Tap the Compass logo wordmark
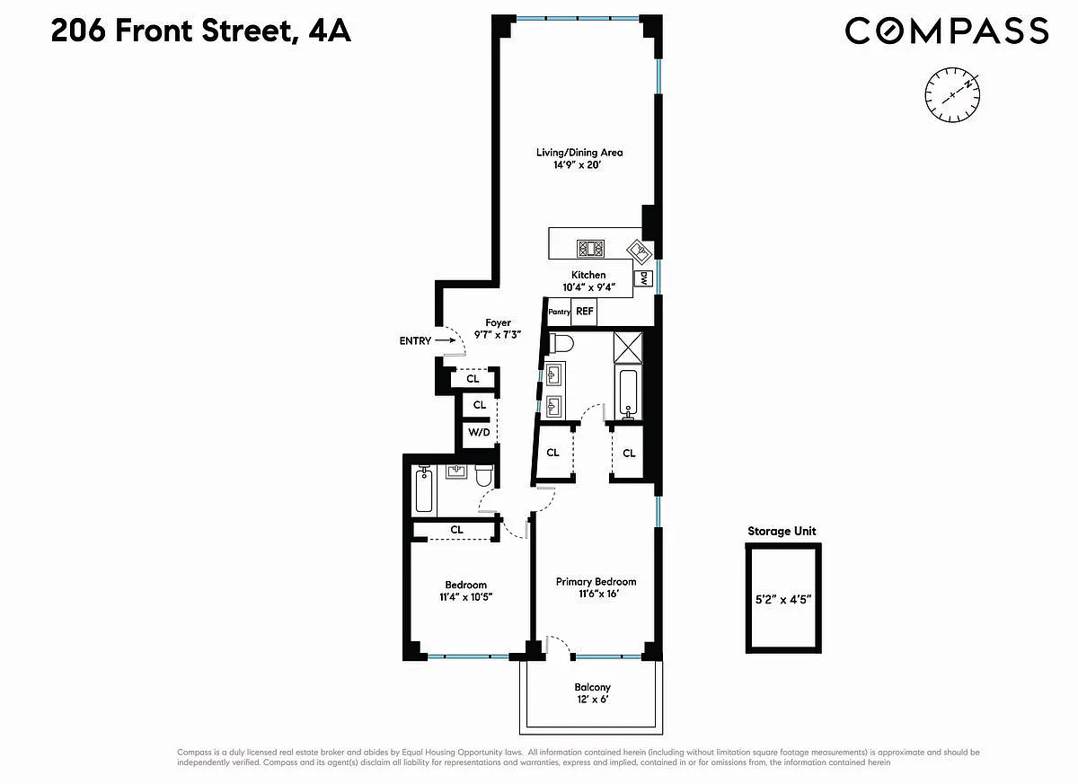pos(947,31)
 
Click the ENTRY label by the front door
pos(415,340)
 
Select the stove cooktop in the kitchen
pos(590,249)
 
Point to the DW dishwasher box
pos(643,278)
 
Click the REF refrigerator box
pos(584,312)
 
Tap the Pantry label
pos(559,312)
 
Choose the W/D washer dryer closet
pos(479,432)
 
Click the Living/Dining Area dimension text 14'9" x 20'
pos(577,165)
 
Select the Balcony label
pos(592,687)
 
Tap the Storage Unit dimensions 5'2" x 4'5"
pos(783,599)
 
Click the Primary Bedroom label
pos(596,582)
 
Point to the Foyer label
pos(498,322)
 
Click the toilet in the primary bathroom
pos(561,344)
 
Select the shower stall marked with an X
pos(628,347)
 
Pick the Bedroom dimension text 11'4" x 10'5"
pos(466,597)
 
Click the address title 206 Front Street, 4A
pos(200,31)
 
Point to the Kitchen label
pos(588,275)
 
